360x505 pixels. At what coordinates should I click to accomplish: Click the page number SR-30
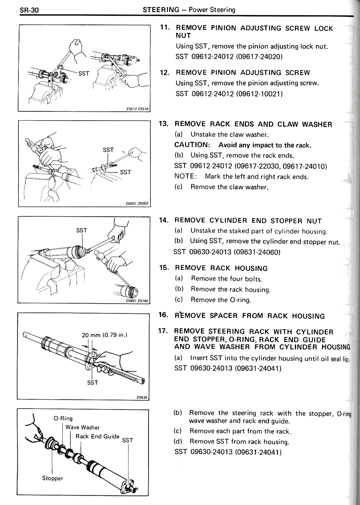[29, 10]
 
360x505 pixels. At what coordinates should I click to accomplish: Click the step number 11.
[165, 27]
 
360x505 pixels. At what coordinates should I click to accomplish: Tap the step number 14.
[164, 220]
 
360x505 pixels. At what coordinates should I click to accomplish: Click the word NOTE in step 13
[185, 176]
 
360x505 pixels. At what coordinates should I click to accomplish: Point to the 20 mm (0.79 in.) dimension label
[105, 335]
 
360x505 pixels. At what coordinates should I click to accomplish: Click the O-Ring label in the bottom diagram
[63, 418]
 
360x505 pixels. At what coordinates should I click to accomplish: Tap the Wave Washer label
[82, 427]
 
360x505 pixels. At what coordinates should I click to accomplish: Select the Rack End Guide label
[98, 436]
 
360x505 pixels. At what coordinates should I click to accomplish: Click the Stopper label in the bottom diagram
[53, 478]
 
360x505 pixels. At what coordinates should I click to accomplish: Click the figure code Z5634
[142, 397]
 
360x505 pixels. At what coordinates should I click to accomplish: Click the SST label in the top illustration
[84, 73]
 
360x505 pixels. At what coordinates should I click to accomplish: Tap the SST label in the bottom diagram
[127, 441]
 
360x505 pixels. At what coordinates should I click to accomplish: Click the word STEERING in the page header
[161, 10]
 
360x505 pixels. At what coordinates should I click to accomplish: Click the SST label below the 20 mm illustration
[93, 383]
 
